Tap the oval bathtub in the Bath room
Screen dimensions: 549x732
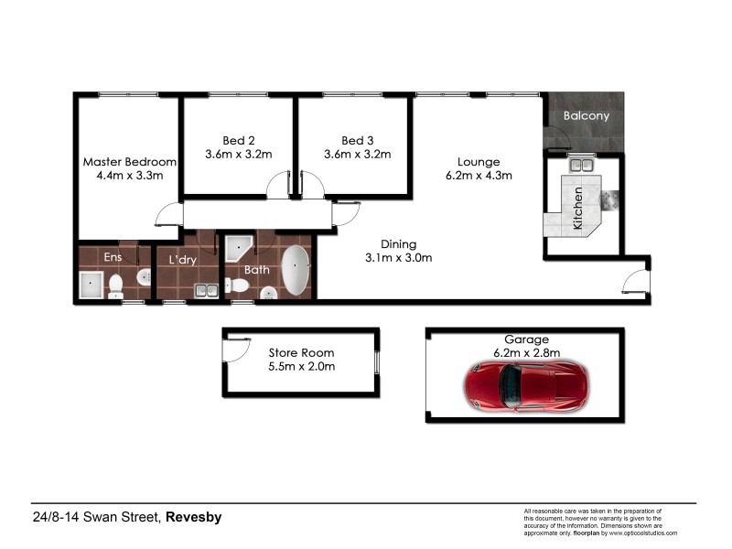(x=295, y=270)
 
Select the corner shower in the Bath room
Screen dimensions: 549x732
(x=239, y=248)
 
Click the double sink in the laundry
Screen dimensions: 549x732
(x=207, y=290)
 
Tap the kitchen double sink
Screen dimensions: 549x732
(x=580, y=166)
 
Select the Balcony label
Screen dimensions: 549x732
(x=586, y=116)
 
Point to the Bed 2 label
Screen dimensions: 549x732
(x=238, y=140)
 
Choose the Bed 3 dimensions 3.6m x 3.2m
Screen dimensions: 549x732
(x=357, y=155)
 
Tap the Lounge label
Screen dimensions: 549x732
(x=478, y=161)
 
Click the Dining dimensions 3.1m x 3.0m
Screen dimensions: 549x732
(x=398, y=258)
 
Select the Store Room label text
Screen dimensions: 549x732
(x=301, y=352)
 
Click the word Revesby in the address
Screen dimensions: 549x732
(x=194, y=518)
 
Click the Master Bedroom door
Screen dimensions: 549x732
(x=167, y=216)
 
